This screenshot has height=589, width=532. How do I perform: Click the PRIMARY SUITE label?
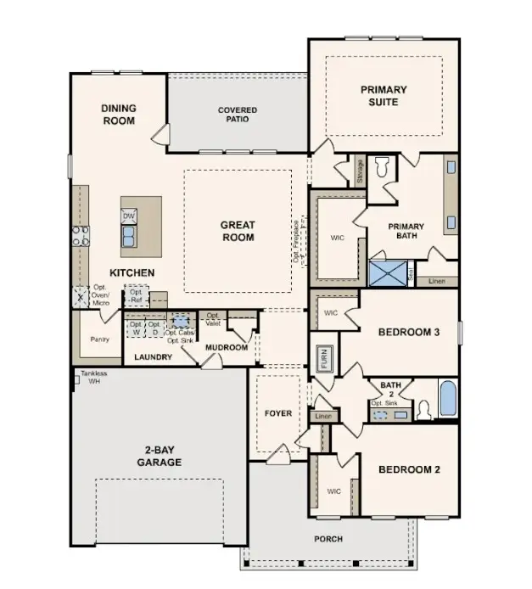click(384, 96)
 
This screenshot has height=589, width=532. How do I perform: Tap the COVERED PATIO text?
click(238, 115)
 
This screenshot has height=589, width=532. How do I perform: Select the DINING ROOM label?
click(119, 115)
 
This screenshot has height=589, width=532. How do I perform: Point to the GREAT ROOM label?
click(238, 231)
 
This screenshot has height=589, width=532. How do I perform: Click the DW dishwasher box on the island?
click(129, 216)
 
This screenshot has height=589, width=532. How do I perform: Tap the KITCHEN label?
click(131, 272)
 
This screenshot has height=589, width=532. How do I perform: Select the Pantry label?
click(100, 339)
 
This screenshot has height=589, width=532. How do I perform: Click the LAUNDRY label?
click(154, 357)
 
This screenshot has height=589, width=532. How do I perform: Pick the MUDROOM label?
click(227, 348)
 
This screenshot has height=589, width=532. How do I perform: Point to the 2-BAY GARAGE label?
click(159, 456)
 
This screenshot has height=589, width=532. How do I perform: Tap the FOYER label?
click(277, 413)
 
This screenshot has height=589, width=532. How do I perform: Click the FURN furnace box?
click(323, 359)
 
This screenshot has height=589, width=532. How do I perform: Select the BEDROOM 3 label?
click(408, 332)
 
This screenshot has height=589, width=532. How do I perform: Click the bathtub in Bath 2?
click(447, 398)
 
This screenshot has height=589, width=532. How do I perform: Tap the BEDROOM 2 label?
click(408, 469)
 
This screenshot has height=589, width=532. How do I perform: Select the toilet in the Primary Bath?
click(383, 167)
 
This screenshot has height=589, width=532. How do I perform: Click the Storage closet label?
click(360, 171)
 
